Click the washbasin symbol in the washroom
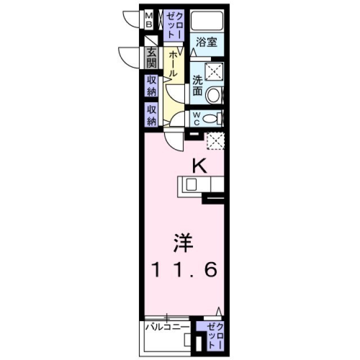(214, 96)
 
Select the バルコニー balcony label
(166, 326)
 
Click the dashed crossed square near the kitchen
(215, 141)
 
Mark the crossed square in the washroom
(214, 72)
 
